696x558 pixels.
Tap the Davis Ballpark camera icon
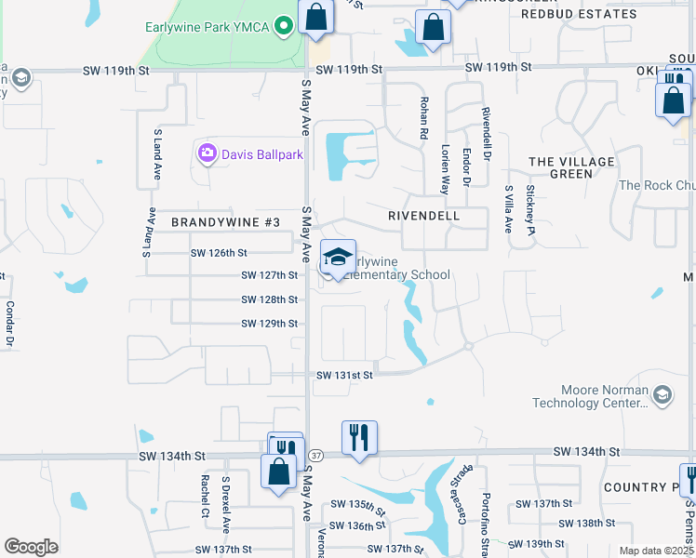(207, 153)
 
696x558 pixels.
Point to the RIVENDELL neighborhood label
(423, 216)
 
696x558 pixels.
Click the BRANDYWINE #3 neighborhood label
(225, 222)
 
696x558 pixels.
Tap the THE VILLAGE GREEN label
(572, 167)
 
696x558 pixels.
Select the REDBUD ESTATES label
(579, 14)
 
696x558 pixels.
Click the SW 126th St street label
(219, 252)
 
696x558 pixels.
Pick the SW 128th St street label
(269, 299)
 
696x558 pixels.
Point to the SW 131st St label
(344, 375)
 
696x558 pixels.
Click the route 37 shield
(317, 455)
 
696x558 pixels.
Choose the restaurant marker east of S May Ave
(359, 437)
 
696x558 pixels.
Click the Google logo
(31, 547)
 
